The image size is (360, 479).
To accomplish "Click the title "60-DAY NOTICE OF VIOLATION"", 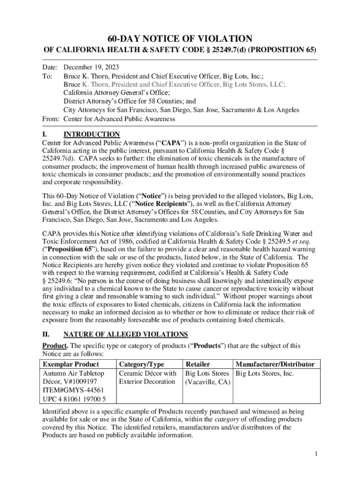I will tap(180, 38).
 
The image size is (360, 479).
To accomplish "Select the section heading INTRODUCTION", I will tap(92, 134).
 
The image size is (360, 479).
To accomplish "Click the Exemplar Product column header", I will tap(71, 364).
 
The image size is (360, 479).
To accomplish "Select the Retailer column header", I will tap(198, 364).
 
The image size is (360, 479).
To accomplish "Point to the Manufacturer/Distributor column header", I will tap(275, 364).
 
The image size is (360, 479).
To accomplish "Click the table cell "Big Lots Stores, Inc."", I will tap(265, 373).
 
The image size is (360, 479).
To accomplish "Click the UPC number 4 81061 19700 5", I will tap(74, 399).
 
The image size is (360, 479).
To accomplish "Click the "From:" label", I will tap(51, 119).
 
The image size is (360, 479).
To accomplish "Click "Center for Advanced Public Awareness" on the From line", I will tap(119, 119).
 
